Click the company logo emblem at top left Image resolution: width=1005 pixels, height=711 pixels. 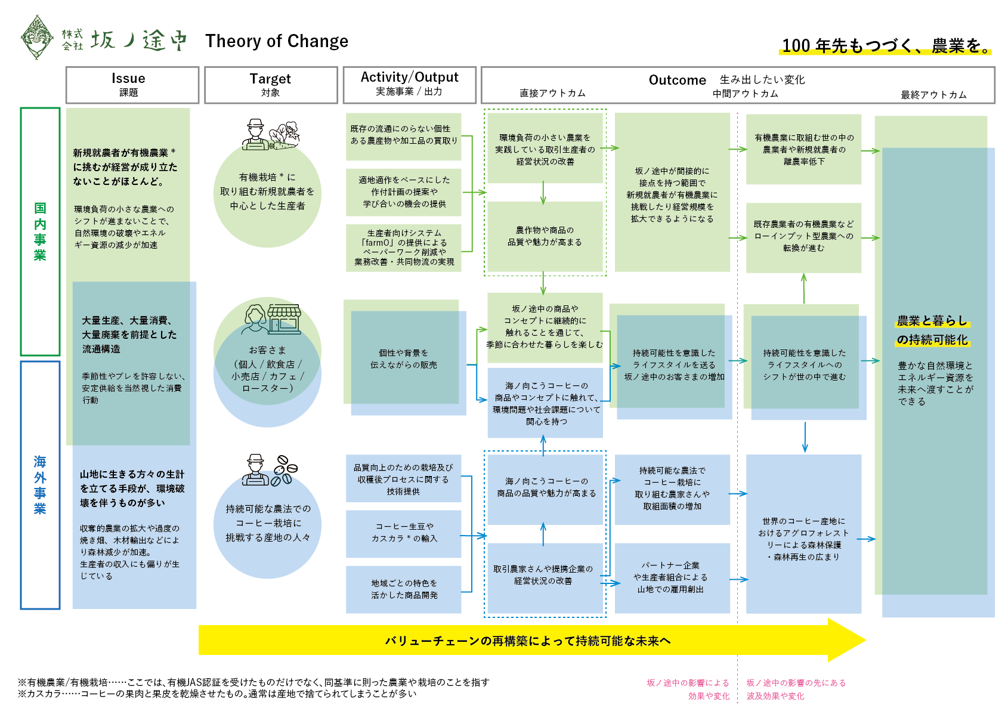click(x=37, y=38)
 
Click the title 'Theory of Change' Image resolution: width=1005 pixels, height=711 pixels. click(x=277, y=41)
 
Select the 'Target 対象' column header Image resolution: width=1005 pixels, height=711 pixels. click(x=271, y=85)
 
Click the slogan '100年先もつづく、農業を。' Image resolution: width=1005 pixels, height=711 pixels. click(x=885, y=46)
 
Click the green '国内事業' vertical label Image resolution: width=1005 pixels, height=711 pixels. click(x=40, y=231)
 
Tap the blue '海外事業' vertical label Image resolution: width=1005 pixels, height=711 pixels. click(x=40, y=484)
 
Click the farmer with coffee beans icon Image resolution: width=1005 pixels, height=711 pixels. click(x=270, y=470)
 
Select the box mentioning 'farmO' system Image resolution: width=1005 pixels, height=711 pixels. click(x=404, y=248)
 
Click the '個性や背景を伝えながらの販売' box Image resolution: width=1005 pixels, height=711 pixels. click(x=404, y=358)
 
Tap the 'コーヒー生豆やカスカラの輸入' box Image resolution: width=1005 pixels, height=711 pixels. click(x=404, y=533)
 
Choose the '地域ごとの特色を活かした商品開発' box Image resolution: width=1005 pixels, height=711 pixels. click(x=404, y=589)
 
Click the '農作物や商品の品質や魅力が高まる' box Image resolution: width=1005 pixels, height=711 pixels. click(x=545, y=236)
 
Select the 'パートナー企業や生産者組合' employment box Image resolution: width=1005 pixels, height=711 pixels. click(x=672, y=577)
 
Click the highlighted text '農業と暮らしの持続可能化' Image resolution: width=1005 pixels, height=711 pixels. click(x=932, y=330)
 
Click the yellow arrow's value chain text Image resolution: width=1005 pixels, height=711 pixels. click(x=527, y=641)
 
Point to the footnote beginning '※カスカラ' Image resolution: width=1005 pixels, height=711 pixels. click(x=217, y=694)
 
